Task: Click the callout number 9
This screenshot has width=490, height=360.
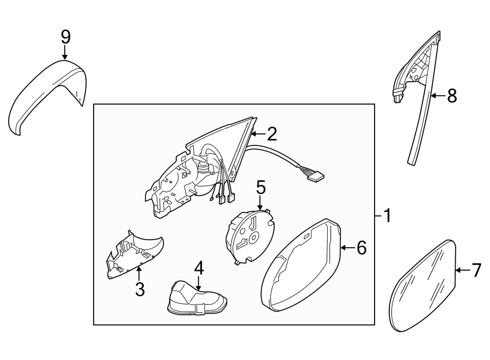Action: [65, 37]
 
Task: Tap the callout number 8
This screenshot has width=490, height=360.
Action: [451, 96]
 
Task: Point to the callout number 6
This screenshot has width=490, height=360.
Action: [361, 248]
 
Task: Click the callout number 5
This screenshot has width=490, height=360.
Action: [261, 188]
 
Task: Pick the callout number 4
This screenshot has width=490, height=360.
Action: [199, 267]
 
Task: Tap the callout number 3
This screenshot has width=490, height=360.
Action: [139, 289]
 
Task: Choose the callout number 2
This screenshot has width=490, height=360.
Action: [271, 133]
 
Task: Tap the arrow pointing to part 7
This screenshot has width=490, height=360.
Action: [462, 270]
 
